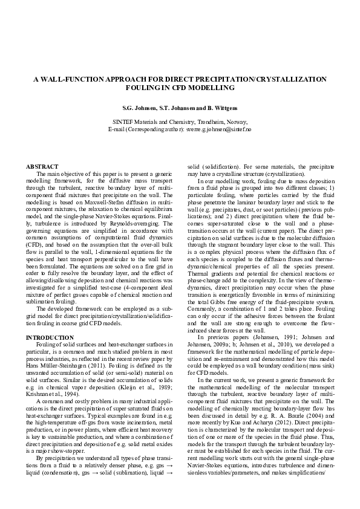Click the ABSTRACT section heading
42,166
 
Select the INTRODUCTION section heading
50,337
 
